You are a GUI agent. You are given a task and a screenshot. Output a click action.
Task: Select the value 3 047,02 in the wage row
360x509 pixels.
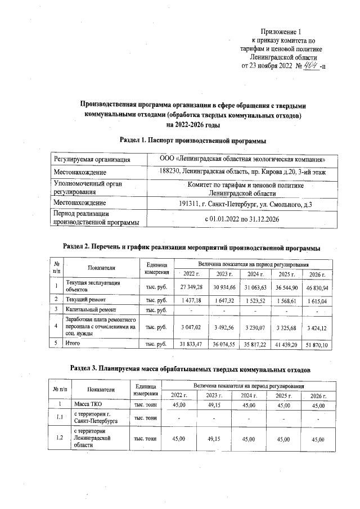191,327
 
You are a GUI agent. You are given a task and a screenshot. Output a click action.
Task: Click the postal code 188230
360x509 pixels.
170,171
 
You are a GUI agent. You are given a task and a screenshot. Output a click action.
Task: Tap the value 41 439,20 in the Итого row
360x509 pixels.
286,344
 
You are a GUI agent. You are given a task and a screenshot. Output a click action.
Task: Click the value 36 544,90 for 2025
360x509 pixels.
286,287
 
